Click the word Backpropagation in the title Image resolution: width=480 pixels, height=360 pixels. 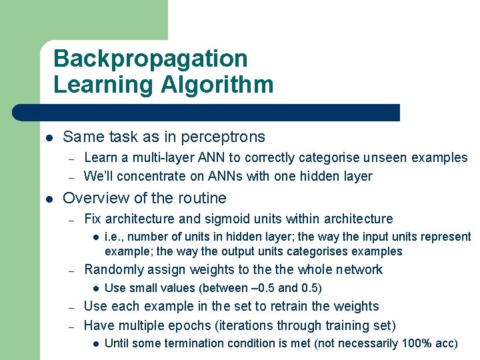click(x=150, y=59)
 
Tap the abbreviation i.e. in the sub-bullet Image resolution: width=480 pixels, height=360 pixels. click(x=114, y=237)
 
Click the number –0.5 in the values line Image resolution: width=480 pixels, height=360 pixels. click(x=260, y=288)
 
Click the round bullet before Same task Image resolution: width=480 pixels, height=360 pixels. click(x=49, y=138)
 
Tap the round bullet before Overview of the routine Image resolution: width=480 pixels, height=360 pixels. click(x=49, y=199)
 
